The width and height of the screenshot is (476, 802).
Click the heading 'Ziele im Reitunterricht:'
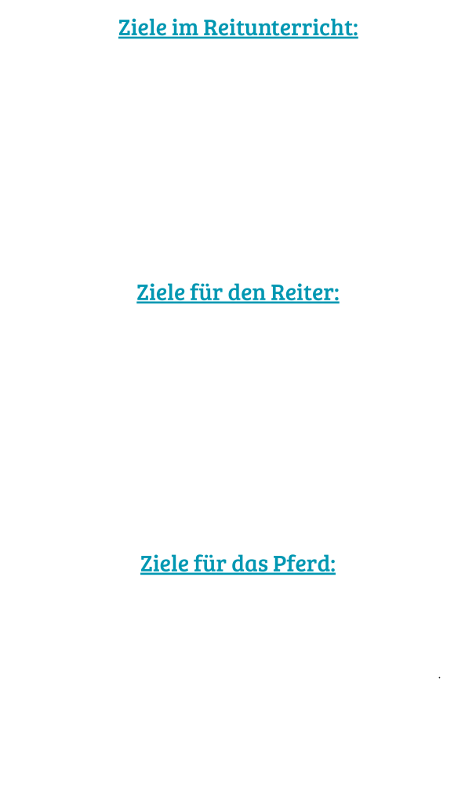238,29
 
